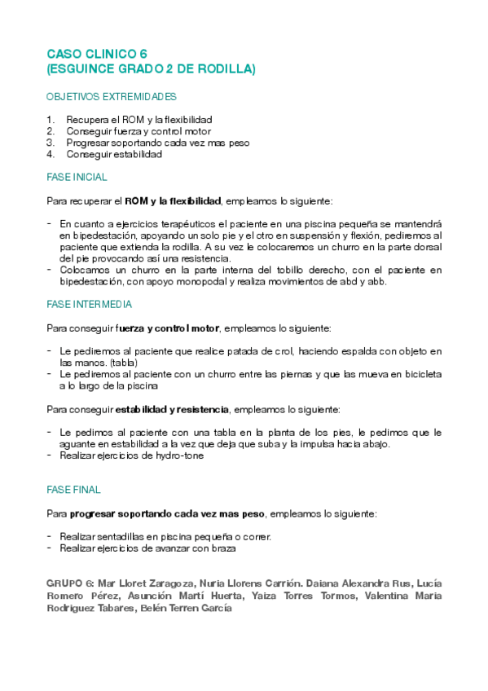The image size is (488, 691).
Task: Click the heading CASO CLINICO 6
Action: (96, 54)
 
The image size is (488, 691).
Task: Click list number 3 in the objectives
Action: (51, 143)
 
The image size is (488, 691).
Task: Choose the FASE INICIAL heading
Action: (77, 177)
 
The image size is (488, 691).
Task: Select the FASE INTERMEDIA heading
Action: (90, 304)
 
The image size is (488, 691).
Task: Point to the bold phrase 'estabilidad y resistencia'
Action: (172, 408)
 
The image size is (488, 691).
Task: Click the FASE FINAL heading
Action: (73, 490)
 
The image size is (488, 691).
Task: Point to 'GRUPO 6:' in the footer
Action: (71, 583)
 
